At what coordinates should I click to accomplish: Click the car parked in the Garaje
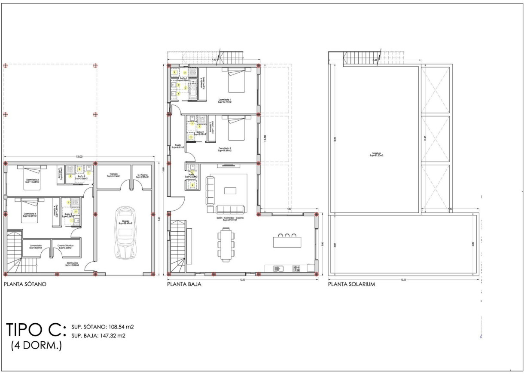point(125,233)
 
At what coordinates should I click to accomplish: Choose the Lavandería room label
point(35,247)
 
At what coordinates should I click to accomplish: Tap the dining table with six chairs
point(226,245)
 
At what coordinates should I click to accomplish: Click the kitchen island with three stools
point(287,241)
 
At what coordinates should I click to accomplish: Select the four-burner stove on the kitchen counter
point(296,269)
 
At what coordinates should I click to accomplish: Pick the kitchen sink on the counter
point(279,269)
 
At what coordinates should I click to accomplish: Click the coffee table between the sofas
point(230,190)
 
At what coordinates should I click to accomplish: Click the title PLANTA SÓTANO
point(25,284)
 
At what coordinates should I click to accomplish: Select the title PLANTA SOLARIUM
point(352,284)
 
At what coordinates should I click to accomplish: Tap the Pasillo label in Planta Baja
point(177,146)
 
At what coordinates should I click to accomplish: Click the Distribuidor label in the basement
point(71,264)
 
